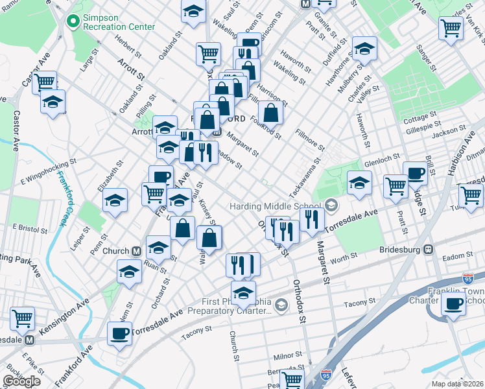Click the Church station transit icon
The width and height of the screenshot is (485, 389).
tap(137, 252)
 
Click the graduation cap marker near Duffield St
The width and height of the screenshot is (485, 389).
tap(364, 48)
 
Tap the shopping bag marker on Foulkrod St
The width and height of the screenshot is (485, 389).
tap(271, 112)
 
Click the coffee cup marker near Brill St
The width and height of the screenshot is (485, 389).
tap(415, 173)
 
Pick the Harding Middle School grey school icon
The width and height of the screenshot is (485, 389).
tap(331, 206)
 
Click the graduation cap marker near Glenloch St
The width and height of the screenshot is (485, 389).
tap(359, 182)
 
